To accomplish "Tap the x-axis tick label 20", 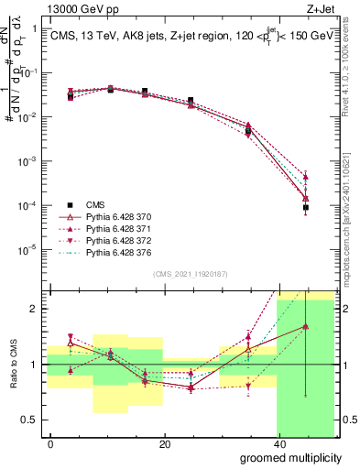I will [x=164, y=443].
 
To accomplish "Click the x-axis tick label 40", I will [x=278, y=443].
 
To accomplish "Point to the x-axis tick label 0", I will [x=50, y=443].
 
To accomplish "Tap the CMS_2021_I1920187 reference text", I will [x=189, y=273].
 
